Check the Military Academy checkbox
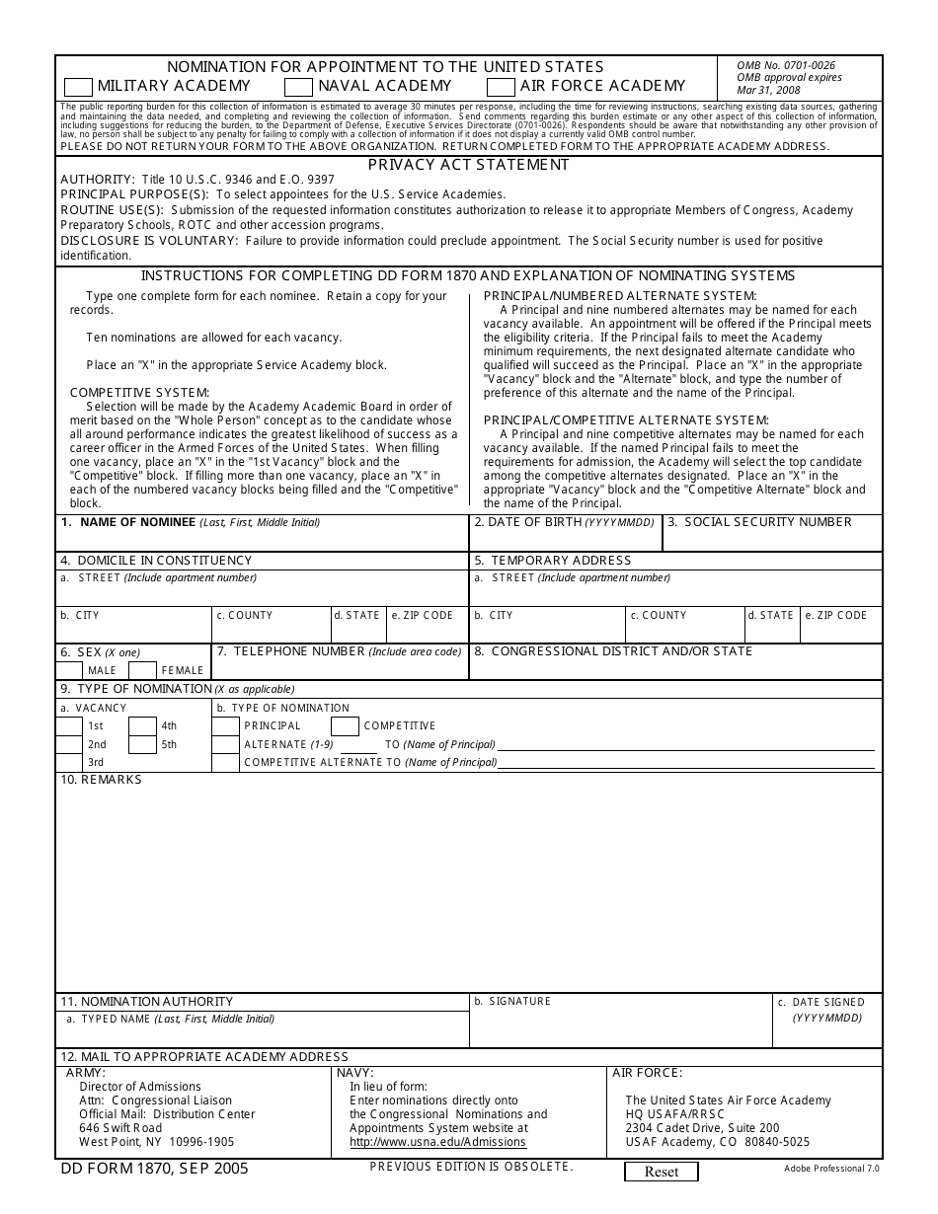click(x=78, y=87)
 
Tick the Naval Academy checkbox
click(x=299, y=87)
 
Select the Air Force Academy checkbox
click(x=501, y=87)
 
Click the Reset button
click(x=661, y=1172)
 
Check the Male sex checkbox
click(x=69, y=670)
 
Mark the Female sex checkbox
click(x=142, y=670)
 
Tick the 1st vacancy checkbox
click(x=69, y=725)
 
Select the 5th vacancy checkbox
click(x=142, y=744)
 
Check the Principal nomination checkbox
click(x=225, y=725)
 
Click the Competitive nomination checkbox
click(x=345, y=725)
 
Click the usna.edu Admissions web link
click(x=437, y=1142)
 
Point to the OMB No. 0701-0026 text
click(x=785, y=65)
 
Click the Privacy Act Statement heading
click(x=468, y=165)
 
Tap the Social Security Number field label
click(x=767, y=522)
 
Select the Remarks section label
click(x=102, y=780)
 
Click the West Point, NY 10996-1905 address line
click(x=156, y=1142)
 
